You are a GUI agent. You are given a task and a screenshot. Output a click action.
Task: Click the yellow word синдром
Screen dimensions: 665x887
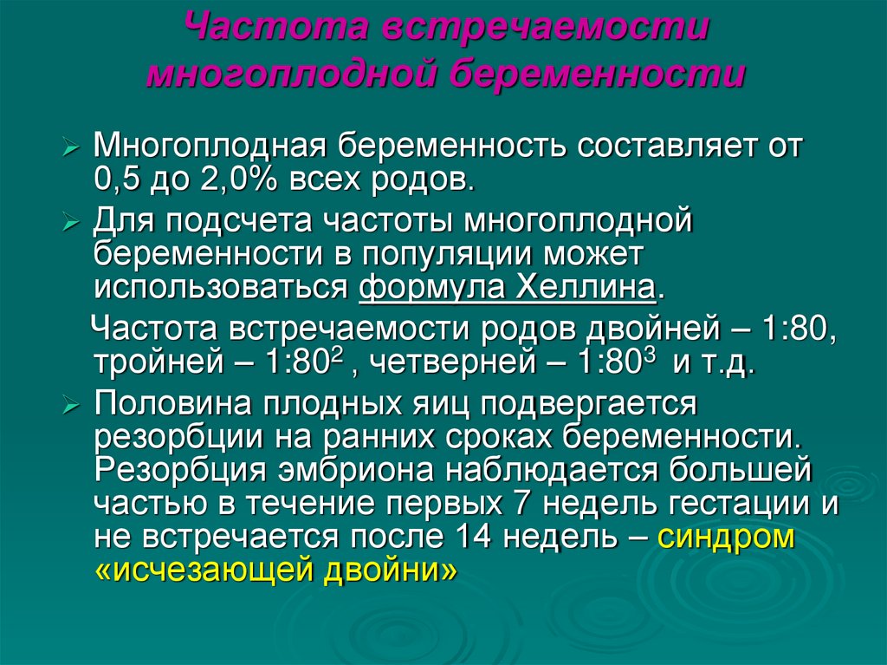click(726, 536)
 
